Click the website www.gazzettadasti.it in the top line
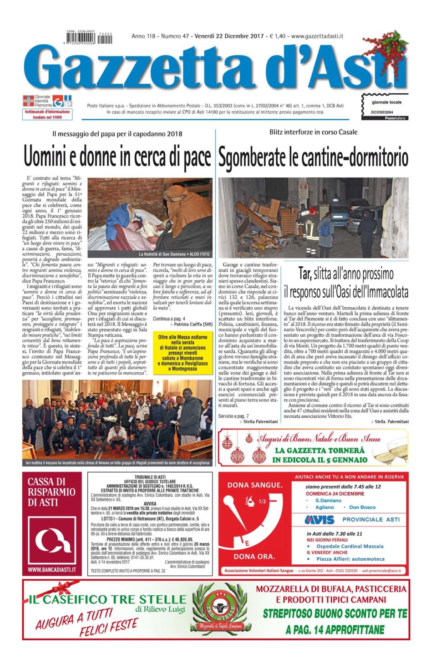(x=317, y=36)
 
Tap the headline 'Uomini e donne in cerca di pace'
(x=117, y=157)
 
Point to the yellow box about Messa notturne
(x=183, y=353)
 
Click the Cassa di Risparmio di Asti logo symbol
(x=51, y=541)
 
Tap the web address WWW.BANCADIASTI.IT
(x=51, y=569)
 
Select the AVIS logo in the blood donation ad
(x=319, y=520)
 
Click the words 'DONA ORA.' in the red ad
(x=254, y=556)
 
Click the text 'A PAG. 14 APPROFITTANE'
(x=335, y=630)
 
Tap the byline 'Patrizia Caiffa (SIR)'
(x=193, y=324)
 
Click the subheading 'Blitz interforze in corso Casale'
(x=313, y=132)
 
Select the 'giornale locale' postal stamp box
(x=385, y=106)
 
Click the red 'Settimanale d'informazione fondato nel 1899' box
(x=47, y=114)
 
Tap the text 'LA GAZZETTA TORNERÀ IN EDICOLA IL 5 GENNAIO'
(x=320, y=455)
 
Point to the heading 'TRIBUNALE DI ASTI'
(x=150, y=476)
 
